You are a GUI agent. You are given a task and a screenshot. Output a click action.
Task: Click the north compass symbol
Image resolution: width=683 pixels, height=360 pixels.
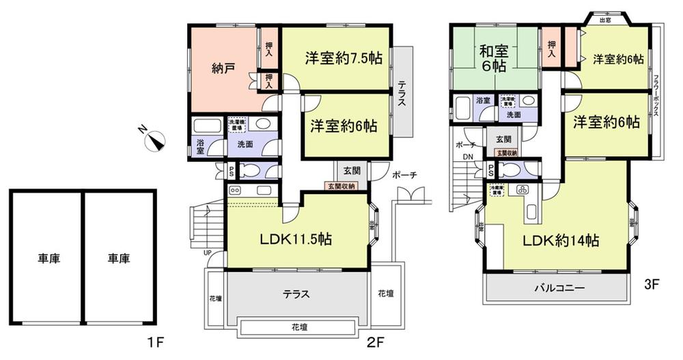[158, 138]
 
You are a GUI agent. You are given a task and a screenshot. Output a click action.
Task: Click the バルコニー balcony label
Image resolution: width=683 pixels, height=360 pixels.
[559, 288]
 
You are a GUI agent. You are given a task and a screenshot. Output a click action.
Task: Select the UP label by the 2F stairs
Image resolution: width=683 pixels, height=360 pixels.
[208, 253]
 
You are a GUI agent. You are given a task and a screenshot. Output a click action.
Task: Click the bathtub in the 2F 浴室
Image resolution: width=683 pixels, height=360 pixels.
[206, 127]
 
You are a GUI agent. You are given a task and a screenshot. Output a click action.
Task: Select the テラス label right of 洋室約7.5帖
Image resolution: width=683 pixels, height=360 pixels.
[402, 92]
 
